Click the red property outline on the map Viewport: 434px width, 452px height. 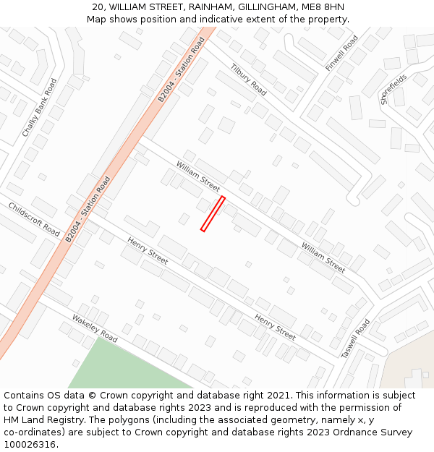213,214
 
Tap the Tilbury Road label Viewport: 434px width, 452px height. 248,80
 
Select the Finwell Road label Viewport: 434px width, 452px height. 341,53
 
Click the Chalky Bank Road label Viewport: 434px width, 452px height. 39,108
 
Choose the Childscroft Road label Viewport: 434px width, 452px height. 34,219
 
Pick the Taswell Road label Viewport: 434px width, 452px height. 355,338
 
